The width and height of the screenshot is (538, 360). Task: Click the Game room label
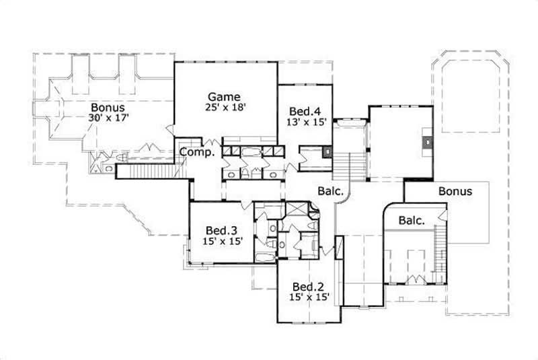223,96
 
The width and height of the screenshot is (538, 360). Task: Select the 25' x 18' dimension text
225,107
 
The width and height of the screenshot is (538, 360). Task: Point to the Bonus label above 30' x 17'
108,107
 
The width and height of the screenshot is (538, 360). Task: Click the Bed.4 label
303,111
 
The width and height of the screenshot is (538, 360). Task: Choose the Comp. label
196,152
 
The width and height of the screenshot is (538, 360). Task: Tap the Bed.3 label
221,229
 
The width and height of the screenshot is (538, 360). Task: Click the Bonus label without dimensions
455,191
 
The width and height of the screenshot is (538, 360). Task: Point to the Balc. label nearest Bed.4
331,190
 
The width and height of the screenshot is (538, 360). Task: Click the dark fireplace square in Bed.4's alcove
327,151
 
